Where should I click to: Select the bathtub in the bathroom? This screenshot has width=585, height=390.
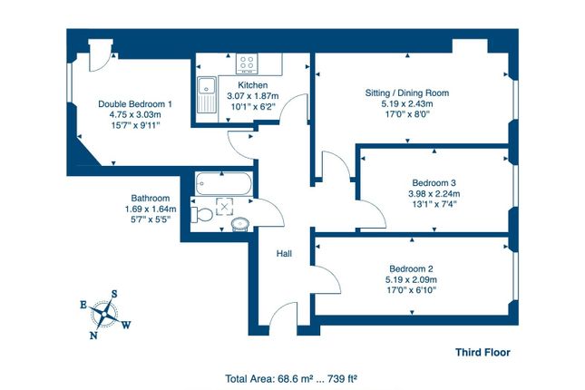224,184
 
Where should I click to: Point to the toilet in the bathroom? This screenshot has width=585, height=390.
203,215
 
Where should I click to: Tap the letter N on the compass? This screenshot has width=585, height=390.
93,334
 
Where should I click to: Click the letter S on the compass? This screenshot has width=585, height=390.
114,293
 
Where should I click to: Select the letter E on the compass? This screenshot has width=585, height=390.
84,305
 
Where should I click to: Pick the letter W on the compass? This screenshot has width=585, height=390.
126,324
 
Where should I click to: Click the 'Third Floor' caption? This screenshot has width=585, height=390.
483,353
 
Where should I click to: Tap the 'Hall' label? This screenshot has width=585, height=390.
284,255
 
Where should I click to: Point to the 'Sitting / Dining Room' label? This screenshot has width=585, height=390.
406,93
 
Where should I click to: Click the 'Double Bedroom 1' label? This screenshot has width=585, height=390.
134,104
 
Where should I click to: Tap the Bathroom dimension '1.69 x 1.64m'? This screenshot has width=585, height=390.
150,209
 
